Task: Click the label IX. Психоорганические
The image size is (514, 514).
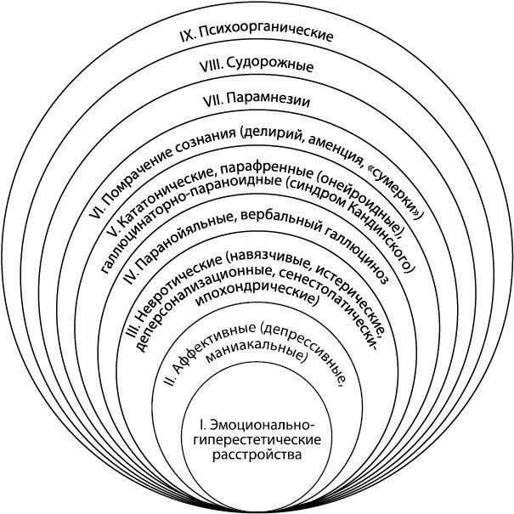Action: pyautogui.click(x=257, y=37)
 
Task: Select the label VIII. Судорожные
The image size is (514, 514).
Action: pyautogui.click(x=257, y=66)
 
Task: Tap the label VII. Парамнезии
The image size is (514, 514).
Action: pyautogui.click(x=257, y=99)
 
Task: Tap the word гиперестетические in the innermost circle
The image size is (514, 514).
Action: pyautogui.click(x=257, y=439)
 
